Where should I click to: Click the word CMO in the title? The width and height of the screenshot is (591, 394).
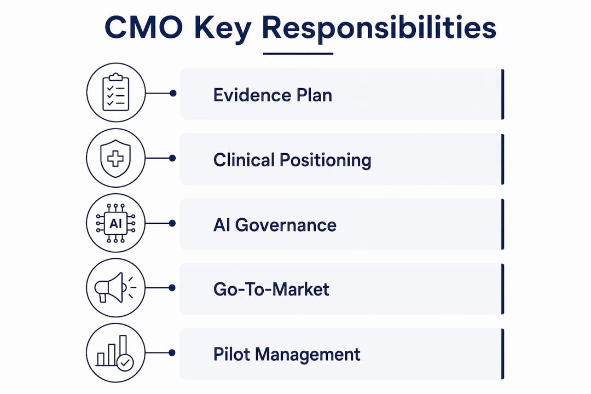pyautogui.click(x=143, y=28)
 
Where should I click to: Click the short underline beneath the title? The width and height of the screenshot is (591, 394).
pyautogui.click(x=298, y=54)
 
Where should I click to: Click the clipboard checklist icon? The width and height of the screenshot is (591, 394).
pyautogui.click(x=115, y=92)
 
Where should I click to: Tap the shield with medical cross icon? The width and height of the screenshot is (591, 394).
pyautogui.click(x=115, y=158)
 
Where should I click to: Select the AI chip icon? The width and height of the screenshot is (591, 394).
pyautogui.click(x=115, y=223)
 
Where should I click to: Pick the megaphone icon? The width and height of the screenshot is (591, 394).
pyautogui.click(x=115, y=288)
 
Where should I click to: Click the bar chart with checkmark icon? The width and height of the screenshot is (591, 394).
pyautogui.click(x=114, y=353)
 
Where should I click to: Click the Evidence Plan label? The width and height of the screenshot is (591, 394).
pyautogui.click(x=273, y=95)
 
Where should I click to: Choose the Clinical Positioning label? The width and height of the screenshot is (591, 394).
pyautogui.click(x=292, y=160)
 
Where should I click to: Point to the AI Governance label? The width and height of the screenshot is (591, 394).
pyautogui.click(x=275, y=225)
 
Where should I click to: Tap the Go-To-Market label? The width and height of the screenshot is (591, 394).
pyautogui.click(x=271, y=289)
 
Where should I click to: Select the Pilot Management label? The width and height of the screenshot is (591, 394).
pyautogui.click(x=287, y=355)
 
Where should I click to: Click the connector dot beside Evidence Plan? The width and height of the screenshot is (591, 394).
pyautogui.click(x=173, y=93)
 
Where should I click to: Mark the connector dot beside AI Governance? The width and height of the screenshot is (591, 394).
pyautogui.click(x=172, y=223)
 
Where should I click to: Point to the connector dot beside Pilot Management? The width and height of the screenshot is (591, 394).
pyautogui.click(x=172, y=353)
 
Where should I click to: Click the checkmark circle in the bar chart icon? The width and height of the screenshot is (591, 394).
pyautogui.click(x=125, y=363)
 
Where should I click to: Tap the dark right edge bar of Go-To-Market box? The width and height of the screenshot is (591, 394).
pyautogui.click(x=502, y=289)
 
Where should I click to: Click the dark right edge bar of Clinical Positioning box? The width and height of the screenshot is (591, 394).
pyautogui.click(x=502, y=159)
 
